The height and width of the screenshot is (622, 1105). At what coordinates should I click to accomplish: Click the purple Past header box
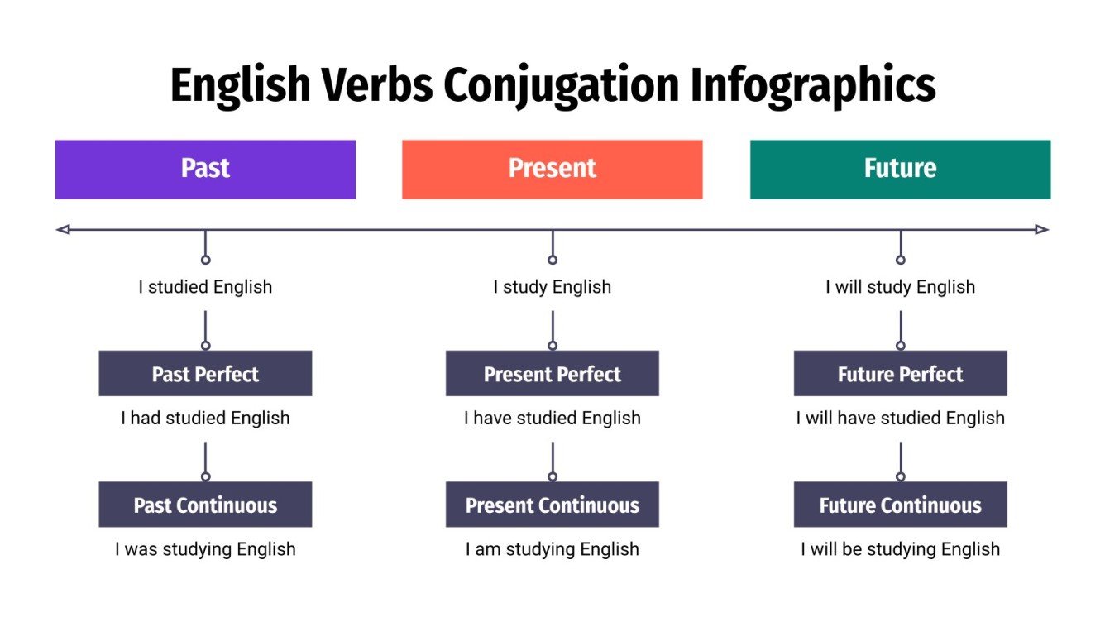pyautogui.click(x=205, y=169)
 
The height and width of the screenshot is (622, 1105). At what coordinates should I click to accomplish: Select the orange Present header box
pyautogui.click(x=552, y=169)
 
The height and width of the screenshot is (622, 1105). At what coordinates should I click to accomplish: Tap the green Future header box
pyautogui.click(x=900, y=169)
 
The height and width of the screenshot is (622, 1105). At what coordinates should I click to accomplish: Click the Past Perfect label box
pyautogui.click(x=205, y=374)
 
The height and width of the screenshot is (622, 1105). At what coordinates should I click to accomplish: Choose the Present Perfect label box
pyautogui.click(x=552, y=374)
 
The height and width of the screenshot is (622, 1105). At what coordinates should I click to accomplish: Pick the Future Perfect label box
pyautogui.click(x=900, y=374)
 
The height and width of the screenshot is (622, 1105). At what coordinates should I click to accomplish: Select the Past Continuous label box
pyautogui.click(x=205, y=505)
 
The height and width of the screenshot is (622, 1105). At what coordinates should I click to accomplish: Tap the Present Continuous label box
pyautogui.click(x=552, y=505)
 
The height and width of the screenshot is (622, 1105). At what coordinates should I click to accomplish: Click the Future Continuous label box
pyautogui.click(x=900, y=505)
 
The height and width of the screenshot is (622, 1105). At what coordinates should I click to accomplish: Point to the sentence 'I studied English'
pyautogui.click(x=205, y=287)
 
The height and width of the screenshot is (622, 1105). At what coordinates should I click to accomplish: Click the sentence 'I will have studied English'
pyautogui.click(x=900, y=418)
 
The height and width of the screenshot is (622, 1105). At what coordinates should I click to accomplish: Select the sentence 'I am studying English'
pyautogui.click(x=552, y=549)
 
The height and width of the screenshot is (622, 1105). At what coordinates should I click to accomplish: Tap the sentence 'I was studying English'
pyautogui.click(x=205, y=549)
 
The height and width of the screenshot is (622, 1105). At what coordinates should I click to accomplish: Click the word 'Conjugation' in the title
pyautogui.click(x=558, y=85)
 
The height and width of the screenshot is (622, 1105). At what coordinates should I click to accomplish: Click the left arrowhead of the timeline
pyautogui.click(x=62, y=229)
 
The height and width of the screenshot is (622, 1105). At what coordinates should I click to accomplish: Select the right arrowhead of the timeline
pyautogui.click(x=1042, y=229)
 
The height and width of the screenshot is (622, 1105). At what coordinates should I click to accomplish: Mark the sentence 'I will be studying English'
pyautogui.click(x=900, y=549)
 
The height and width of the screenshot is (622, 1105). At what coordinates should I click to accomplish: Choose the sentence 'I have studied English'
pyautogui.click(x=552, y=418)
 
